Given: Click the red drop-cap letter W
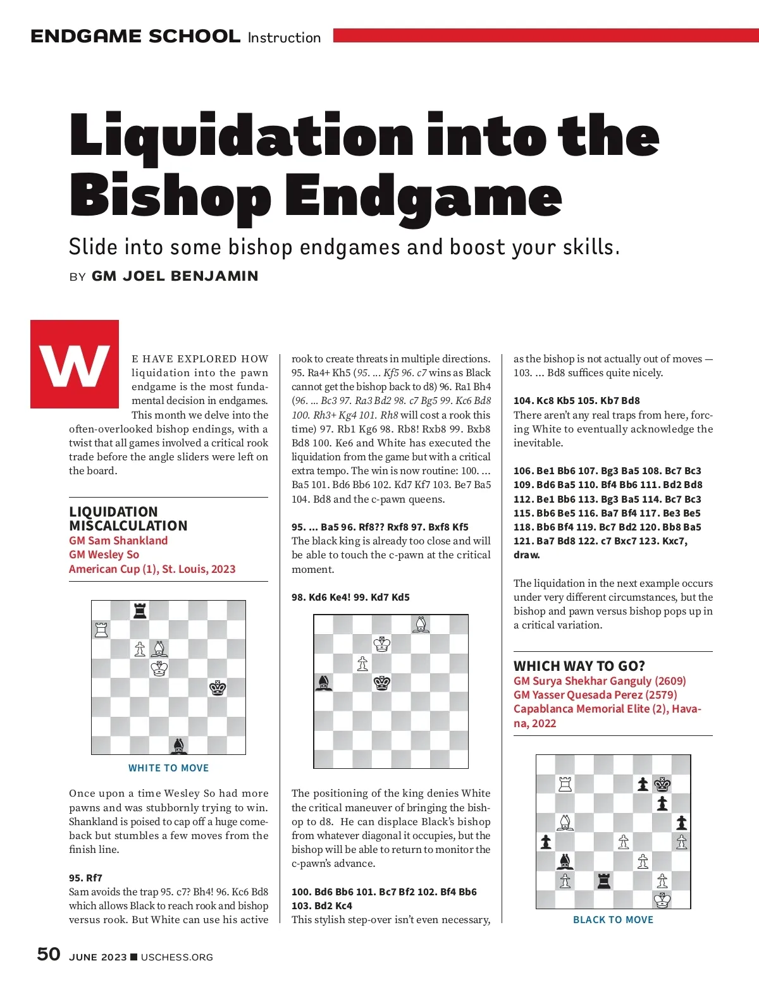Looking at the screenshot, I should (x=75, y=364).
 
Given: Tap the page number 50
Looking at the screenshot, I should (x=49, y=954).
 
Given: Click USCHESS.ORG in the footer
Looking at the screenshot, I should (x=177, y=957).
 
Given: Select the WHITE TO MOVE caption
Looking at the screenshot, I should (x=168, y=768).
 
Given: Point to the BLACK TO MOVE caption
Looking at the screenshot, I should (x=613, y=919).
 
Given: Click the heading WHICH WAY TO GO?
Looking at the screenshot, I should (x=579, y=666).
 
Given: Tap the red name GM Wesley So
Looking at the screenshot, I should (x=104, y=555).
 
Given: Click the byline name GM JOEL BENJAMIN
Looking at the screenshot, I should (x=175, y=276).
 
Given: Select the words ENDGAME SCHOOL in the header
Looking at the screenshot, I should (x=135, y=37).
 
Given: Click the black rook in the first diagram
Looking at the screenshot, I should (x=140, y=610).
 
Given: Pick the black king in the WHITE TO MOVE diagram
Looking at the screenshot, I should (x=218, y=688).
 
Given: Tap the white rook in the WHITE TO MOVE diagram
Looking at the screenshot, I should (x=101, y=630).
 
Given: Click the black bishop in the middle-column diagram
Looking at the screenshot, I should (x=324, y=683).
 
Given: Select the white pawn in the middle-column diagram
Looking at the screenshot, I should (x=362, y=663).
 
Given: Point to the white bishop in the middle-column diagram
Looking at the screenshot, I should (x=421, y=625).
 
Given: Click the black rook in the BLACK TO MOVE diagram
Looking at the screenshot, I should (x=604, y=880).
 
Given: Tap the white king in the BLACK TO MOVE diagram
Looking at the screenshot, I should (x=662, y=899).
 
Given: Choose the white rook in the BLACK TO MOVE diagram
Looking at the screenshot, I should (x=565, y=784).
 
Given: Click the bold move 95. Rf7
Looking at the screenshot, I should (x=85, y=878).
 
